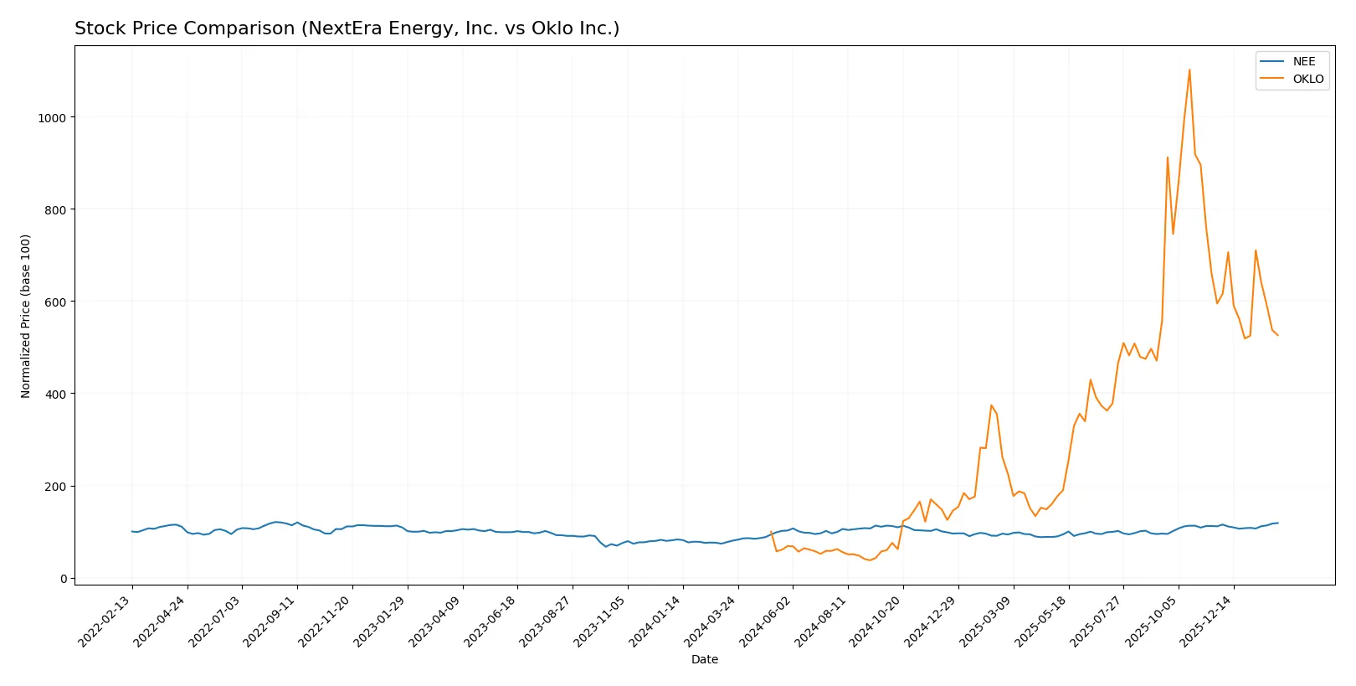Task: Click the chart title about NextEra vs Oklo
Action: pos(347,28)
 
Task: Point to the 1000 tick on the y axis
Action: pos(52,118)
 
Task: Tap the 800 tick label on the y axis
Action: pos(55,210)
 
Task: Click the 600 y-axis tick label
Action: pos(55,302)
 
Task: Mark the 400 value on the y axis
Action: pos(55,395)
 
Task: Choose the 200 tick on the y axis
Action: pos(55,487)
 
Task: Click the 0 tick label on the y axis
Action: pos(63,579)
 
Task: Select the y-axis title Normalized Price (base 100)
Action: pos(26,316)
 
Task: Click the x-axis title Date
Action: pos(704,659)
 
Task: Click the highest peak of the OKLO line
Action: pos(1189,70)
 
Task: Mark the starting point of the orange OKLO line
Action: pos(771,531)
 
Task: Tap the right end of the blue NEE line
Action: pos(1277,523)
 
